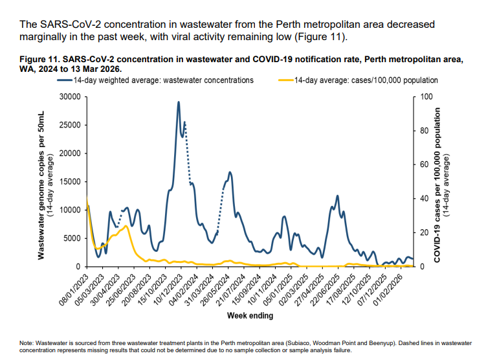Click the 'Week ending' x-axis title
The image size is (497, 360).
click(x=250, y=316)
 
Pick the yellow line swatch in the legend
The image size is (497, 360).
click(x=285, y=81)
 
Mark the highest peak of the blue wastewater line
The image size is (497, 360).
click(x=179, y=102)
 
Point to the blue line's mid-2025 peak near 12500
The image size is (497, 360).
click(x=337, y=196)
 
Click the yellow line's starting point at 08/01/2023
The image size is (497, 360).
click(x=87, y=197)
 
